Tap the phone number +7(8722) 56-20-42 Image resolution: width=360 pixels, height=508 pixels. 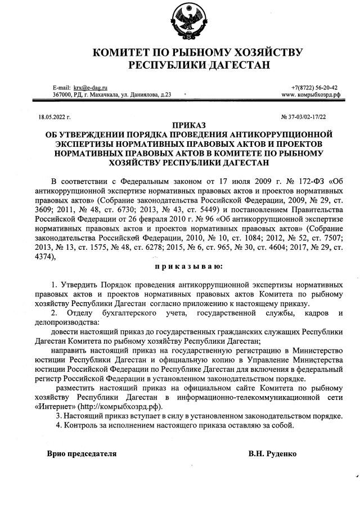(x=314, y=88)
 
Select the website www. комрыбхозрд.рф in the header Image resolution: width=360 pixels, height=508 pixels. (x=311, y=95)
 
